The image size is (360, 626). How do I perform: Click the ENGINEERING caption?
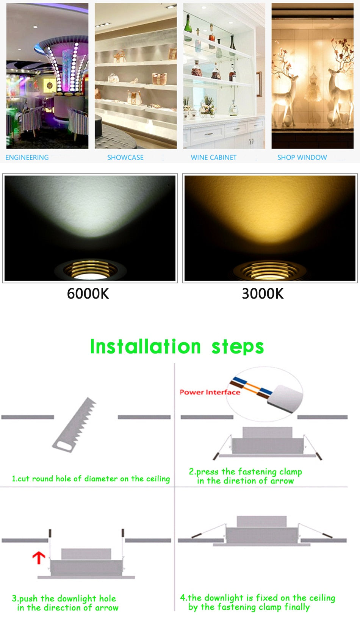tap(27, 157)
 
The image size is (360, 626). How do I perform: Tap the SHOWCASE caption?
tap(125, 157)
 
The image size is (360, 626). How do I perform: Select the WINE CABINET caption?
tap(213, 157)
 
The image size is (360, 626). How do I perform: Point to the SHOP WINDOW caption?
tap(302, 157)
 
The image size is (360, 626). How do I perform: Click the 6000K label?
tap(88, 294)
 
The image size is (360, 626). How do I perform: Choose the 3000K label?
tap(263, 294)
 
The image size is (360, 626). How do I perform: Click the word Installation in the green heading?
tap(145, 346)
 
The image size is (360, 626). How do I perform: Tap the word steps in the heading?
tap(238, 347)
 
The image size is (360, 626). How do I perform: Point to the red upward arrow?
tap(39, 557)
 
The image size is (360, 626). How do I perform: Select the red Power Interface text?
tap(210, 392)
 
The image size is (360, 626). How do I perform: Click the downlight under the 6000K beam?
tap(90, 269)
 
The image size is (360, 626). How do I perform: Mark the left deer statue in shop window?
tap(284, 95)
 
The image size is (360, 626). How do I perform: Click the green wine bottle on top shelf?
tap(188, 28)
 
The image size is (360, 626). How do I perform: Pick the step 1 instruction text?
tap(91, 479)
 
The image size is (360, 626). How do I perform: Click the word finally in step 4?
tap(297, 607)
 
